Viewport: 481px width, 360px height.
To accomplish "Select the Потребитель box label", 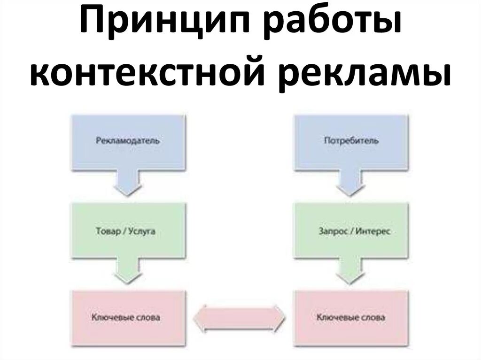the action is click(351, 140).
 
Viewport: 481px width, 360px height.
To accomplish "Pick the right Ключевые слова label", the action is click(351, 318).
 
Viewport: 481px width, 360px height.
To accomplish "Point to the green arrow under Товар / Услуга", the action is click(126, 272).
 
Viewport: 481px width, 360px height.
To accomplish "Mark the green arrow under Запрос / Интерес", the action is click(351, 273).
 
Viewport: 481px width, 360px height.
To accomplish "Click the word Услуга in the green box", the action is click(141, 231).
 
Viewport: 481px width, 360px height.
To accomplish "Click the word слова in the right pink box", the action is click(373, 318).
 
